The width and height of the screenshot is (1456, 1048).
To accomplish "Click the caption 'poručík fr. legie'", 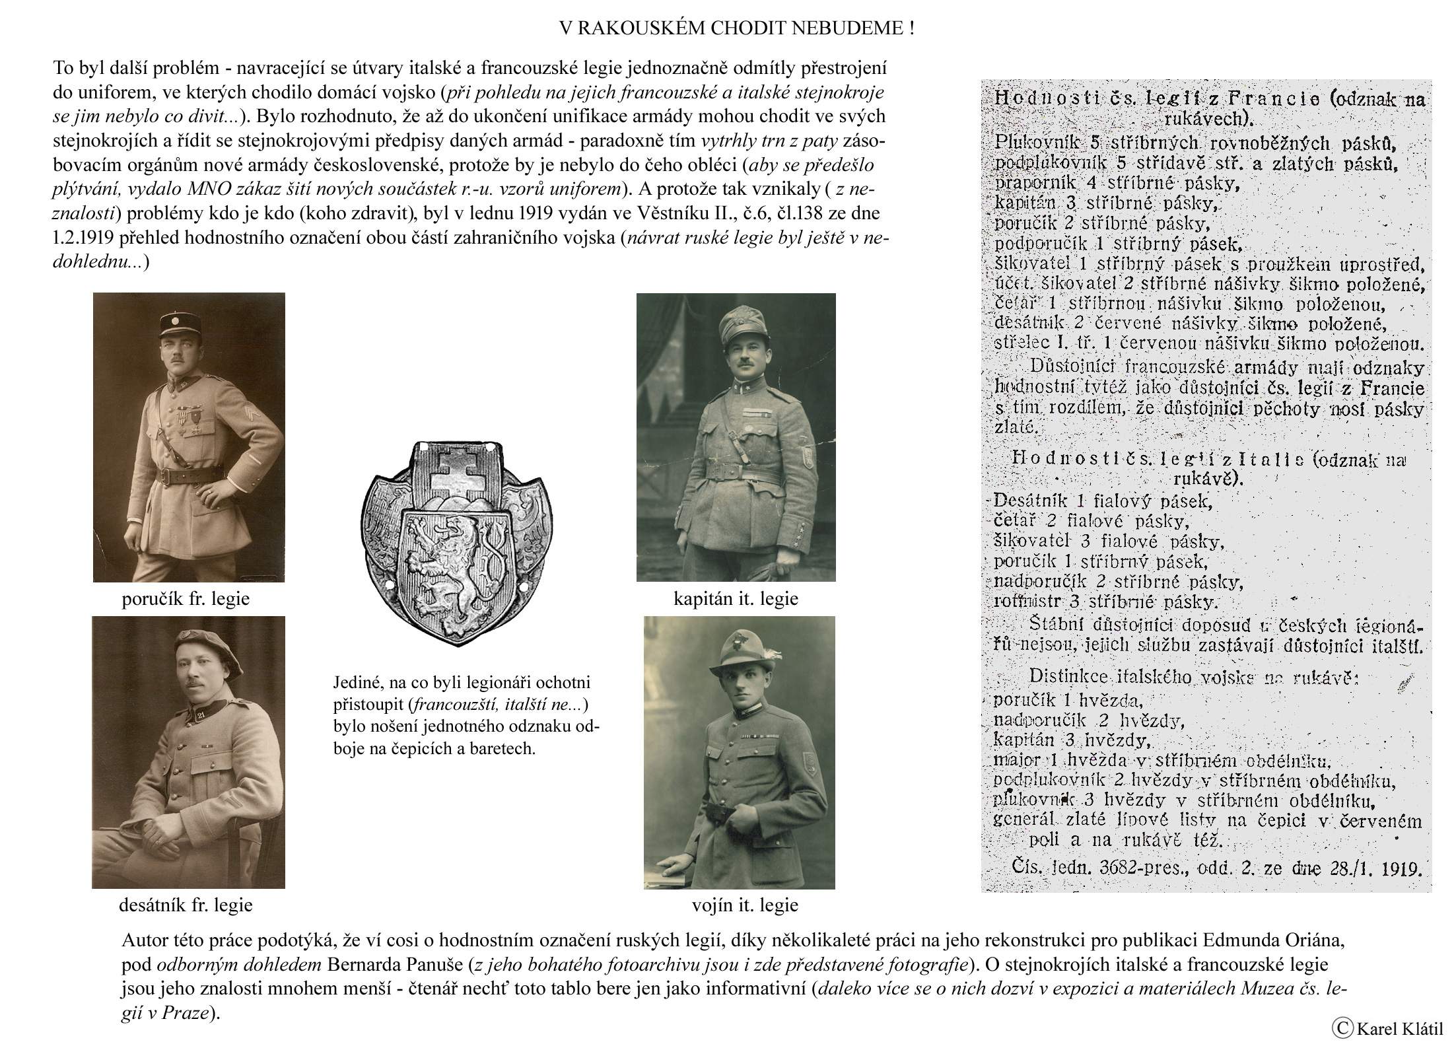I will (x=186, y=599).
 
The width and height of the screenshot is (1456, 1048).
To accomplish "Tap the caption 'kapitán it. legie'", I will (x=736, y=599).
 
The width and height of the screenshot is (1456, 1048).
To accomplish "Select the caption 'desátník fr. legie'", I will (x=186, y=904).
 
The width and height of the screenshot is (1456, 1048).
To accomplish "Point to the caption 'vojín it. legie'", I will (x=745, y=904).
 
